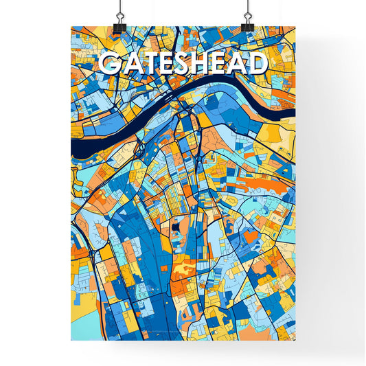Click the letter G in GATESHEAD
(109, 64)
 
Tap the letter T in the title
(148, 64)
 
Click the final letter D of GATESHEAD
(256, 64)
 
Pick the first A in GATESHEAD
(129, 64)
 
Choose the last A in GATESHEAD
(238, 64)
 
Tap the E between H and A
(220, 64)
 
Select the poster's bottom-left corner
(71, 341)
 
